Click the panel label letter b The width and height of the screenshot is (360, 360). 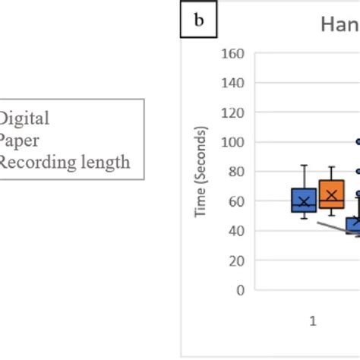[x=199, y=21]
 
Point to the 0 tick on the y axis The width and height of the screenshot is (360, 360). [x=241, y=289]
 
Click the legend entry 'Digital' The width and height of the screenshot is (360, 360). [x=24, y=118]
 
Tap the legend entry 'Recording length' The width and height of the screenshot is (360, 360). [x=65, y=162]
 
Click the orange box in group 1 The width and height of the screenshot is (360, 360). [x=331, y=194]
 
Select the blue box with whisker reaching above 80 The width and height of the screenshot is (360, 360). [x=304, y=200]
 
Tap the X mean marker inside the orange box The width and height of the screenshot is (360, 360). [x=331, y=196]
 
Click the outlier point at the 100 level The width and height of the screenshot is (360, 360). [x=358, y=141]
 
